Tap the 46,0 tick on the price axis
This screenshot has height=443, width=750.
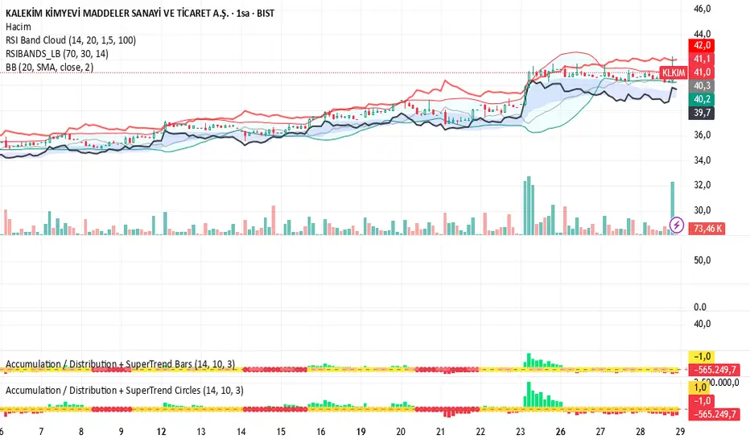coord(703,9)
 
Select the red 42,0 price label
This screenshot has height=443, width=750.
coord(703,46)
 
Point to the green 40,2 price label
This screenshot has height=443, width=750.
coord(703,99)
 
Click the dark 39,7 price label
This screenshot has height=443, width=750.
coord(703,114)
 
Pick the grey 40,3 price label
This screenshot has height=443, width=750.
coord(703,85)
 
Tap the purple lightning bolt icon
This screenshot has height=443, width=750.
coord(677,223)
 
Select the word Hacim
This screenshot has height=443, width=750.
coord(17,27)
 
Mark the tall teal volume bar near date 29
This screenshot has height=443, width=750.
coord(672,208)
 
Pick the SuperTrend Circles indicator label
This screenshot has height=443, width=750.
coord(125,390)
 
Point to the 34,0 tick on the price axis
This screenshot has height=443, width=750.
coord(703,160)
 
